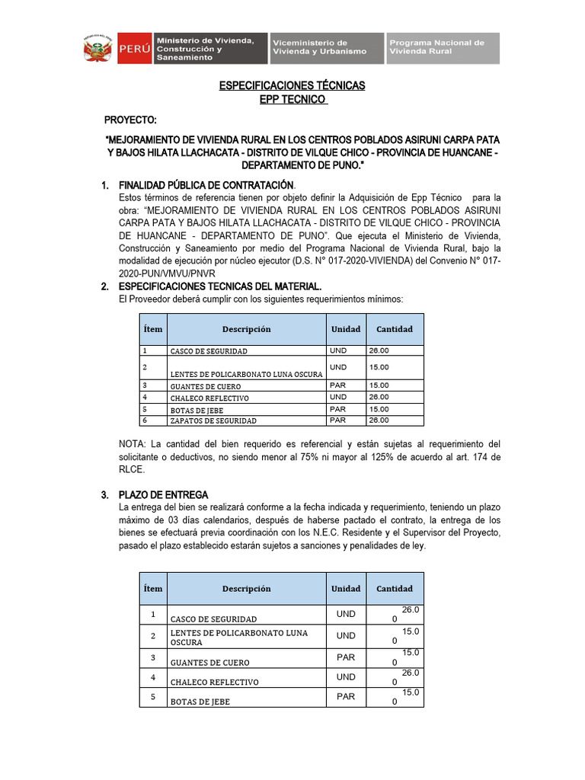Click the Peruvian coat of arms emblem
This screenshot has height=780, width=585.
click(98, 48)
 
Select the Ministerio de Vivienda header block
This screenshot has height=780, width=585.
click(209, 47)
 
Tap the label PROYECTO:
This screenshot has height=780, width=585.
click(130, 121)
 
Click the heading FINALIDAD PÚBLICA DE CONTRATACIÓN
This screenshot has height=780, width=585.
click(206, 185)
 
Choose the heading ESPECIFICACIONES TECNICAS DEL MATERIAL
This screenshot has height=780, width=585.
click(220, 286)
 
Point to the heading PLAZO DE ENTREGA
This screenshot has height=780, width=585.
click(163, 495)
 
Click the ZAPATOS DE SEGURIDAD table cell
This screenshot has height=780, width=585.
click(213, 420)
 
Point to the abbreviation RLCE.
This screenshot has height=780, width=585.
click(132, 470)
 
